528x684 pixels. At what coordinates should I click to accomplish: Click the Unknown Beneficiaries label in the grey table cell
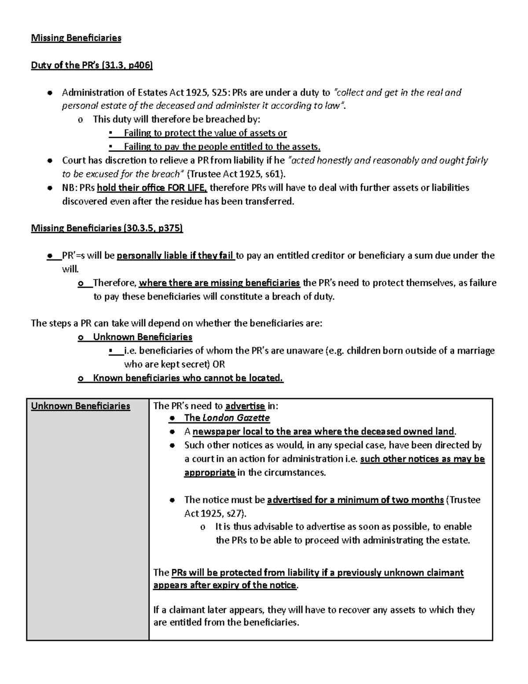click(x=81, y=406)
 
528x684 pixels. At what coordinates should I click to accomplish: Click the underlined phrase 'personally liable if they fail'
click(x=176, y=256)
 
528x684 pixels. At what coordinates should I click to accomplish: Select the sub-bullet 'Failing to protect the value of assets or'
click(x=205, y=133)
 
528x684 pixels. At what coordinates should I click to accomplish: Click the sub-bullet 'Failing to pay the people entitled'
click(x=222, y=147)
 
